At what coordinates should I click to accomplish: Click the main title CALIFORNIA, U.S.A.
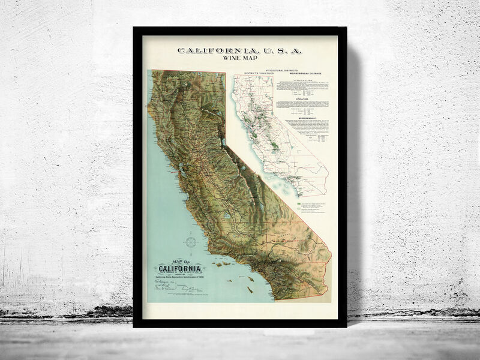point(240,51)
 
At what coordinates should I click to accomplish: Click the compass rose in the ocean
point(191,242)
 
